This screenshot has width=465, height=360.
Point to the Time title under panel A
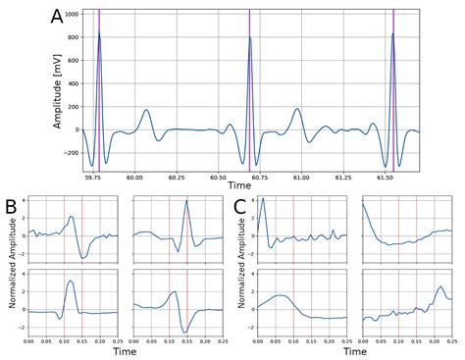point(238,184)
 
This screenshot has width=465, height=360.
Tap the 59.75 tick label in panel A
point(94,178)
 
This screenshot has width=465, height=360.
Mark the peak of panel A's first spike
point(99,32)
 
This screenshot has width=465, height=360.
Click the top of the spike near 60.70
point(249,38)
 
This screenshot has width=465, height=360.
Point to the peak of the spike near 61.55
point(393,33)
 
